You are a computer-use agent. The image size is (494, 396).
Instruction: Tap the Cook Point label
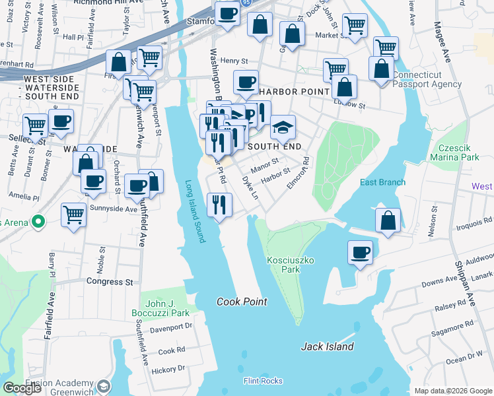click(242, 302)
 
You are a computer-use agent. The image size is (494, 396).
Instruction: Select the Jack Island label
click(328, 346)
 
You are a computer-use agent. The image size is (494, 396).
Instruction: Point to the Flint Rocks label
click(263, 381)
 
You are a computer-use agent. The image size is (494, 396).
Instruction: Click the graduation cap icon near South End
click(283, 128)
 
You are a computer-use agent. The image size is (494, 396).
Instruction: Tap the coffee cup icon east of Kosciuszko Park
click(361, 253)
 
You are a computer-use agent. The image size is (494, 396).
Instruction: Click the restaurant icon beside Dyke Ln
click(219, 204)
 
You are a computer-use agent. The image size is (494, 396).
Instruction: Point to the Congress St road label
click(110, 282)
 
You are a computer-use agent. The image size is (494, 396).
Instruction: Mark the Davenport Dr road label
click(168, 326)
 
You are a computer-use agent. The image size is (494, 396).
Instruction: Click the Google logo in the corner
click(22, 388)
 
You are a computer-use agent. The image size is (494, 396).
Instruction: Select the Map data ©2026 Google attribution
click(452, 391)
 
